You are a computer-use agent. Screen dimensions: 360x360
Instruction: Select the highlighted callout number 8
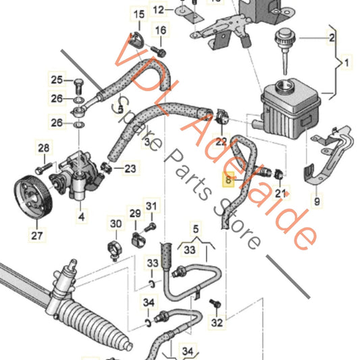pyautogui.click(x=228, y=180)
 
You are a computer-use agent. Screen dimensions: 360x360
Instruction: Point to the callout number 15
pyautogui.click(x=138, y=14)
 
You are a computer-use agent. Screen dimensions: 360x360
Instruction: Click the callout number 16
pyautogui.click(x=160, y=30)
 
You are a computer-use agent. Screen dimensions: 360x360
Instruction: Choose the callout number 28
pyautogui.click(x=43, y=148)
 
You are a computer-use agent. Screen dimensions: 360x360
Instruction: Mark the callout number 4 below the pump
pyautogui.click(x=81, y=217)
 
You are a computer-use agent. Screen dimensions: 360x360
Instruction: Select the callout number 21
pyautogui.click(x=280, y=194)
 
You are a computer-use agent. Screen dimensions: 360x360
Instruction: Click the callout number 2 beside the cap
pyautogui.click(x=332, y=38)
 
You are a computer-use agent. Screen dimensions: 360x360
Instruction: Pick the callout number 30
pyautogui.click(x=115, y=224)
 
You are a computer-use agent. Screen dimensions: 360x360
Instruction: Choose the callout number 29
pyautogui.click(x=135, y=213)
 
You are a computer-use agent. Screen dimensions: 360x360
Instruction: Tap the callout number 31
pyautogui.click(x=151, y=207)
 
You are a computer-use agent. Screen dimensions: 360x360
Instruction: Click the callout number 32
pyautogui.click(x=216, y=323)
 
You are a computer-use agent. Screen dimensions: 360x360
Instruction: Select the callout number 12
pyautogui.click(x=159, y=9)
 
